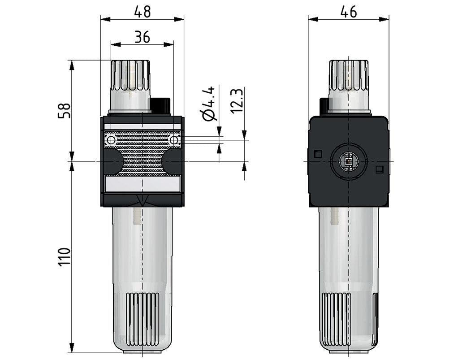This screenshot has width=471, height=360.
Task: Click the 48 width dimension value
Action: [x=143, y=12]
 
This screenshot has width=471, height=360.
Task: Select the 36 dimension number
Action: [x=142, y=37]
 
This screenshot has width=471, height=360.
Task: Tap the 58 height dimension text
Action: [x=64, y=111]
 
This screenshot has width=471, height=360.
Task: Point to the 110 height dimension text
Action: [x=64, y=257]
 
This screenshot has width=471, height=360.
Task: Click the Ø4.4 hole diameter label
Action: [x=209, y=104]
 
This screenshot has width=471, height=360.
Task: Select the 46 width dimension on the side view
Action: [x=348, y=12]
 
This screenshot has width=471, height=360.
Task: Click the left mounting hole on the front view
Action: [x=111, y=140]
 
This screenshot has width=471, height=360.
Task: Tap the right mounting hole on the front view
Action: [x=174, y=140]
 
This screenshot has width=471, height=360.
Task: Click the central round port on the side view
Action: [x=349, y=161]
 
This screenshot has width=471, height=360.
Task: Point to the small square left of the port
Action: [x=318, y=154]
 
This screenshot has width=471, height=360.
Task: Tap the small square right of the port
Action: [x=379, y=169]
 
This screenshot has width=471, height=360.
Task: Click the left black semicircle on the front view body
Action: [x=113, y=161]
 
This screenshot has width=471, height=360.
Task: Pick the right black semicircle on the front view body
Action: [x=171, y=161]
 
